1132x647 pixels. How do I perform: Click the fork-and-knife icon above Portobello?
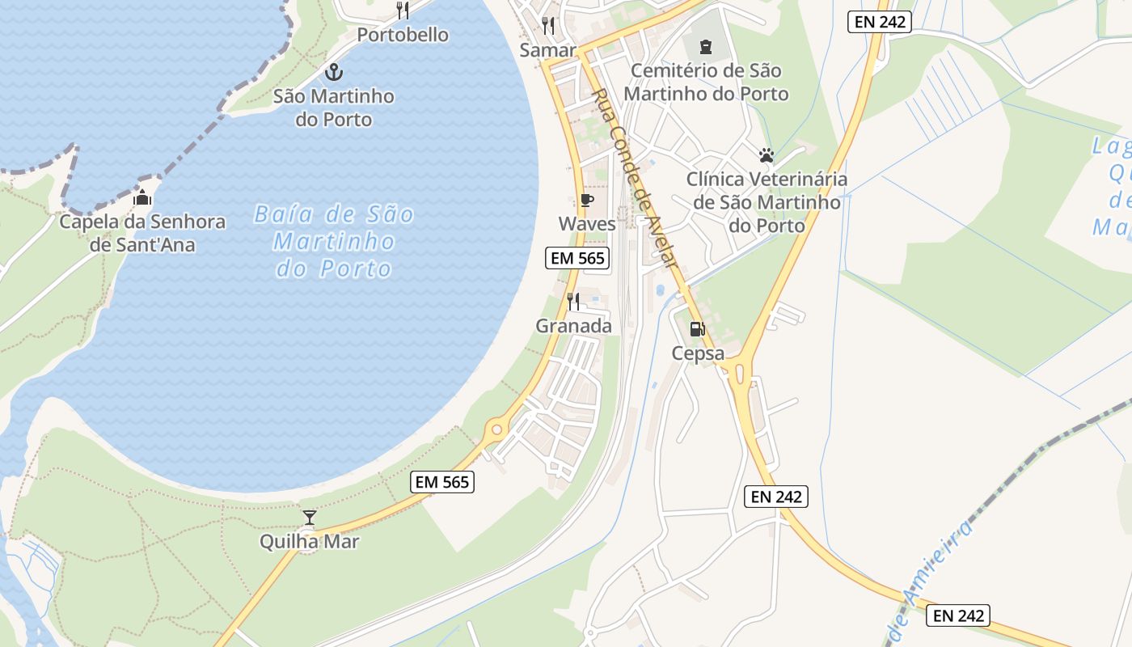(x=403, y=11)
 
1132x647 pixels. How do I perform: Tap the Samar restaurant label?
(x=547, y=50)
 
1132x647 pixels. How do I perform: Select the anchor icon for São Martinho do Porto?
(x=333, y=73)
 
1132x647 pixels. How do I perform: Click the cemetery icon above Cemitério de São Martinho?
(x=705, y=47)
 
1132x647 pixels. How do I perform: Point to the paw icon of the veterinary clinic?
(x=766, y=154)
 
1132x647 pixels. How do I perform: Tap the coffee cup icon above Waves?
(x=587, y=200)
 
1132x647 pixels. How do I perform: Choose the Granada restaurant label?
(x=573, y=326)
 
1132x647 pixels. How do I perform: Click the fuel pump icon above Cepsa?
(x=697, y=329)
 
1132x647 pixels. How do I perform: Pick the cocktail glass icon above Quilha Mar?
(x=309, y=518)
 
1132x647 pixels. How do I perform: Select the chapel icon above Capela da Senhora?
(x=142, y=197)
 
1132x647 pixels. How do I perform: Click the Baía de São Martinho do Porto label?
(x=334, y=241)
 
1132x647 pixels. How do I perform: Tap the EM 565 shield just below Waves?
(x=577, y=259)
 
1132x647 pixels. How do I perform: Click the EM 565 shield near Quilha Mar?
(x=441, y=482)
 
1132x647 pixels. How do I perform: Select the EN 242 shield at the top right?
(x=880, y=22)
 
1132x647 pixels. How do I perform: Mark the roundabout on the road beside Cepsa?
(x=738, y=373)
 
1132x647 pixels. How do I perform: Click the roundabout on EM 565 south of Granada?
(x=496, y=429)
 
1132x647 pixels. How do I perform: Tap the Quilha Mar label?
(x=309, y=541)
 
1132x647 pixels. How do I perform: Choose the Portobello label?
(x=403, y=35)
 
